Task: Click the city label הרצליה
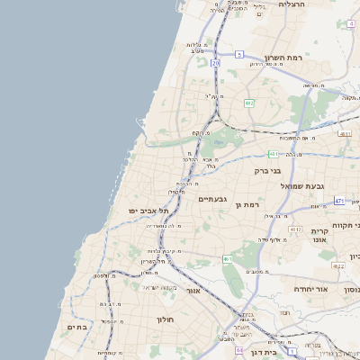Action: tap(293, 4)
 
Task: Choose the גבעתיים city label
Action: tap(212, 199)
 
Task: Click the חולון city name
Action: tap(164, 319)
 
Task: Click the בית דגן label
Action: tap(263, 353)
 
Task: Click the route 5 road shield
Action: tap(239, 55)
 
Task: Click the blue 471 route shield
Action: tap(339, 201)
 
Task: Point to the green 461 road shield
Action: tap(229, 260)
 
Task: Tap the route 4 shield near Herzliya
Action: tap(350, 25)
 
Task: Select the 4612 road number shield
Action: tap(295, 230)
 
